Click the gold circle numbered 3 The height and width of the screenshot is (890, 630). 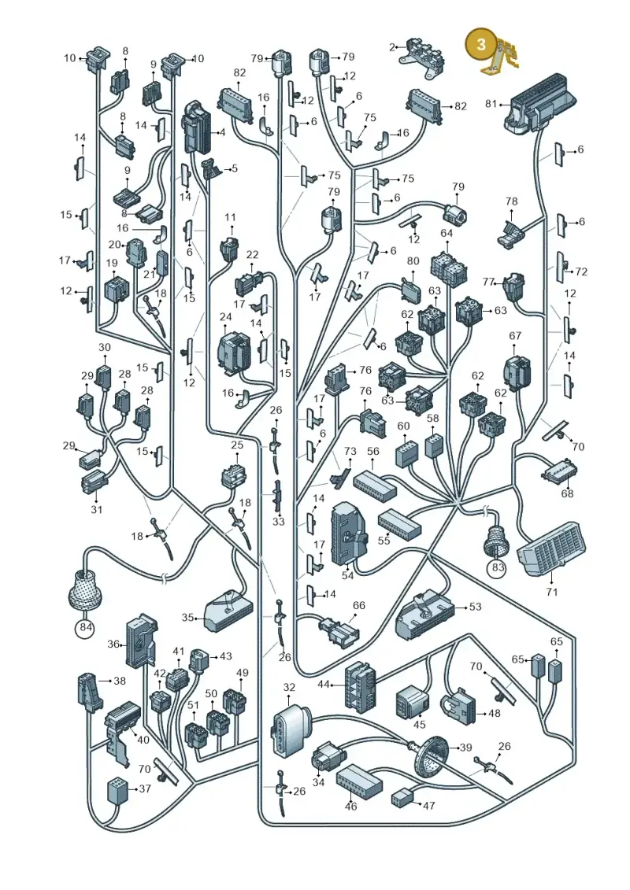[480, 45]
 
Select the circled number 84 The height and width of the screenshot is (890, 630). [85, 628]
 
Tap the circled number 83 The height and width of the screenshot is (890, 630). [498, 567]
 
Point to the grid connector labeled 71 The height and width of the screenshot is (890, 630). [551, 548]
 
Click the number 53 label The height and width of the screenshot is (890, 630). [475, 607]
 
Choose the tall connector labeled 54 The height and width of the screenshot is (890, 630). [348, 534]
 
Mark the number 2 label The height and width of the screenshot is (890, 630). [392, 47]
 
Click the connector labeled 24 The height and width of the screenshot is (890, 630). [234, 353]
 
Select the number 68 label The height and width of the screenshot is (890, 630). [567, 493]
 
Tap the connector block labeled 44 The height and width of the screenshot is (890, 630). [360, 685]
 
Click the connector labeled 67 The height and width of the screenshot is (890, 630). [517, 372]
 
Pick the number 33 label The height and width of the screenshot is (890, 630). [278, 521]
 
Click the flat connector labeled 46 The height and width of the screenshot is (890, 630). [359, 781]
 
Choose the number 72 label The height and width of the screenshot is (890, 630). [581, 272]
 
